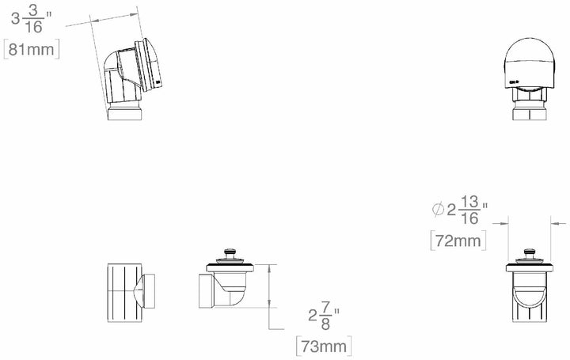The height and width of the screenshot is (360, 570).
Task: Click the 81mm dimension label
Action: coord(29,49)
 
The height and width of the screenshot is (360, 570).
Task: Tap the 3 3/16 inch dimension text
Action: coord(30,18)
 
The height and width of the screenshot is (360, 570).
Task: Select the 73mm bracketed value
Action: coord(323,347)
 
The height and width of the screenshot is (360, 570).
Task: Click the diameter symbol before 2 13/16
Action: coord(437,210)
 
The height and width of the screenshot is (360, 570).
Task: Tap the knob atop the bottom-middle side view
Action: coord(231,255)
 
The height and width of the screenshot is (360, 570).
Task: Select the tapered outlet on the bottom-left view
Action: coord(153,290)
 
